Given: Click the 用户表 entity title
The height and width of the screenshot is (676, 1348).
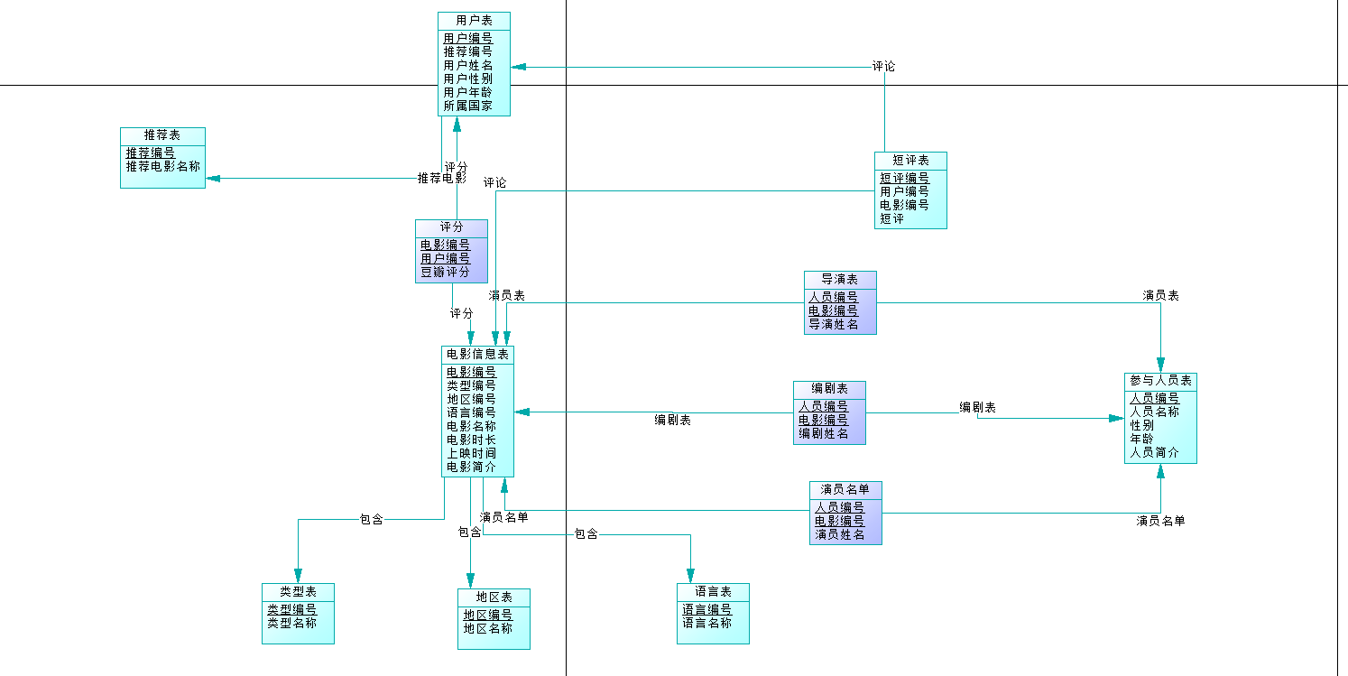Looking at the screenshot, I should click(474, 20).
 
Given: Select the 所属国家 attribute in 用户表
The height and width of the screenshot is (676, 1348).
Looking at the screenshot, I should click(467, 106).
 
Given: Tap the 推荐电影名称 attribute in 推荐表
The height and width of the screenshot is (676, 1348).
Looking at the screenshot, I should click(162, 167).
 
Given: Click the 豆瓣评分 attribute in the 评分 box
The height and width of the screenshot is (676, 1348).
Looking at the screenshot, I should click(445, 272).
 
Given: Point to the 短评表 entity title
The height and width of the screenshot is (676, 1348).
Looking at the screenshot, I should click(909, 160).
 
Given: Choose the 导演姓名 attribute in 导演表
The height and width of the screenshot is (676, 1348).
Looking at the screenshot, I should click(833, 324).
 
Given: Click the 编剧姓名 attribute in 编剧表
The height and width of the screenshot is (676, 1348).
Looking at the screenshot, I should click(823, 433).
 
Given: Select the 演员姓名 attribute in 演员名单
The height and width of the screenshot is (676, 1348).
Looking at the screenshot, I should click(839, 534).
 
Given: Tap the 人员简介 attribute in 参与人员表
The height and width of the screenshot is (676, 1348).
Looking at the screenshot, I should click(1154, 452).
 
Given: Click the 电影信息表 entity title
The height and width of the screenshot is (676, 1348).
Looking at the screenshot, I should click(477, 354).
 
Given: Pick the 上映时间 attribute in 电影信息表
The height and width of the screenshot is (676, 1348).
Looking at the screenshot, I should click(471, 453).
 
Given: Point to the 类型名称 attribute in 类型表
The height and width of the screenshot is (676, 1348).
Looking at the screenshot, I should click(291, 623).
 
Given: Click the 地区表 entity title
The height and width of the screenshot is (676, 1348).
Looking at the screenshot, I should click(494, 597).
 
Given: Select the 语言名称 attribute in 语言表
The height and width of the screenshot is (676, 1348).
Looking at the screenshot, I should click(706, 623).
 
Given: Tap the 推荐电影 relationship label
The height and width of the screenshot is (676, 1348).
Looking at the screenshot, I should click(441, 179).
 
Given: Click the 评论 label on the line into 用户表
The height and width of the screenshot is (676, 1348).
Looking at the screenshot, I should click(883, 66).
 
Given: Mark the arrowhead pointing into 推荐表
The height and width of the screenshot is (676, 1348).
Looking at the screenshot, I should click(213, 178).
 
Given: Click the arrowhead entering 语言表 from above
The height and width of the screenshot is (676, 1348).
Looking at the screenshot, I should click(690, 576).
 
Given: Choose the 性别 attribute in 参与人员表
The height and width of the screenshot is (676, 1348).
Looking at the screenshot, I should click(1141, 425).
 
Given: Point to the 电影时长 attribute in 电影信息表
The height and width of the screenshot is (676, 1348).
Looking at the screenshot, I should click(471, 440).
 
